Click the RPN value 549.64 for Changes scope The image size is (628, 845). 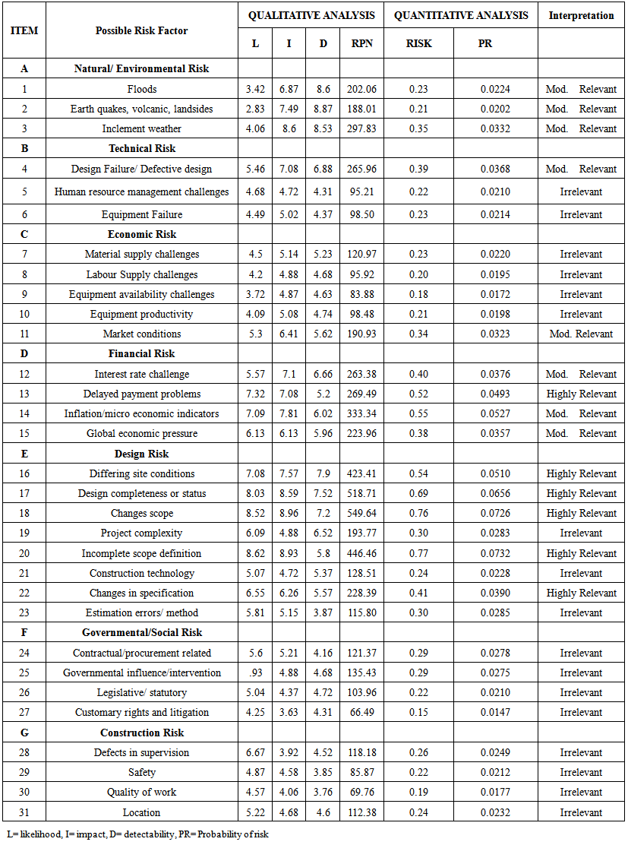[362, 514]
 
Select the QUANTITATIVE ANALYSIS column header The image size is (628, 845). [461, 15]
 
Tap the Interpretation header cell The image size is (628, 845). [581, 15]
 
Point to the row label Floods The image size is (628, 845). [142, 89]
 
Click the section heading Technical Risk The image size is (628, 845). [142, 149]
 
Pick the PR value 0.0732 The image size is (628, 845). [495, 553]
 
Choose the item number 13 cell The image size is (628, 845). [24, 394]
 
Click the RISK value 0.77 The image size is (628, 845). [418, 553]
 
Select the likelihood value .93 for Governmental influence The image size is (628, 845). [255, 673]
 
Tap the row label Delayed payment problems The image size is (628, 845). [142, 394]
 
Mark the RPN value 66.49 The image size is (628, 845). [362, 713]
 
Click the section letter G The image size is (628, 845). [24, 733]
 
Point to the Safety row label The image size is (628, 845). [142, 773]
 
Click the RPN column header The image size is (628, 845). [362, 43]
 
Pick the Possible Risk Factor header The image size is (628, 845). [142, 30]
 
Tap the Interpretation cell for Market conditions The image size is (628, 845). [581, 334]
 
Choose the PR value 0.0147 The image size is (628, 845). [495, 713]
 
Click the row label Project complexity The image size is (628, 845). [142, 533]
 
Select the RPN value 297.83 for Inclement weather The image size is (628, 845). [362, 128]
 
